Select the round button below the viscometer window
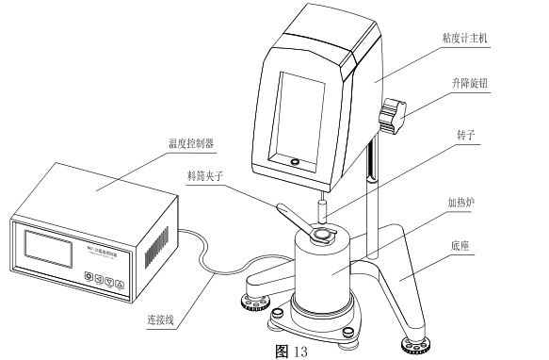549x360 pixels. pos(296,163)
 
